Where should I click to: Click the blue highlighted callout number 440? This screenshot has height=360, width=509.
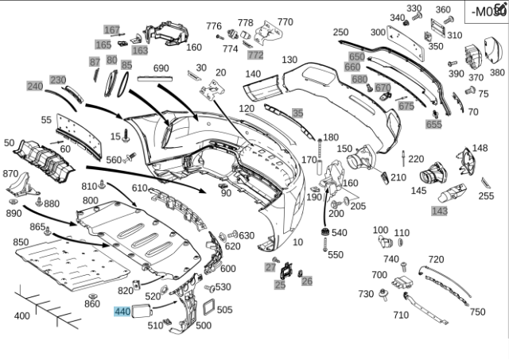coord(122,312)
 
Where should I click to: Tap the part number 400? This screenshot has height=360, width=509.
coord(21,315)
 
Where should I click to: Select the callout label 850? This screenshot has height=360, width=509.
coord(21,242)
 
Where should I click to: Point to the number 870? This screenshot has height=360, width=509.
coord(10,173)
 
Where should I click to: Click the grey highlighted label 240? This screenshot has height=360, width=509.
coord(34,86)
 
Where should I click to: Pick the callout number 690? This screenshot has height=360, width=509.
coord(161,68)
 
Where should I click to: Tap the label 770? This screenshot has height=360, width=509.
coord(285,22)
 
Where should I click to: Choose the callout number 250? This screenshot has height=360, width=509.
coord(340,33)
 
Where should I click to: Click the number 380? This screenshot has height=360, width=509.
coord(497,72)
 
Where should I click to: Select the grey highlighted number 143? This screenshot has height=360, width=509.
coord(439,211)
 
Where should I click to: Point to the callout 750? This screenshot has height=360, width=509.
coord(477,312)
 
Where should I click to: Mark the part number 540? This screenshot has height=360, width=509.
coord(339,233)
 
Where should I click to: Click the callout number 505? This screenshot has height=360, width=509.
coord(224,310)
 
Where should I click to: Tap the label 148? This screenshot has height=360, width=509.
coord(480,148)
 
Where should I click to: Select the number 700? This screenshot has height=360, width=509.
coord(379,275)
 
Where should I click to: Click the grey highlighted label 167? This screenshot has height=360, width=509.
coord(111,29)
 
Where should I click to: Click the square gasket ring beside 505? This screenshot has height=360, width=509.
coord(208,306)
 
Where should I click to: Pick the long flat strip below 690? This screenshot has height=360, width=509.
coord(161,79)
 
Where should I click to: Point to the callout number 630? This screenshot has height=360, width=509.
coord(247,235)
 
